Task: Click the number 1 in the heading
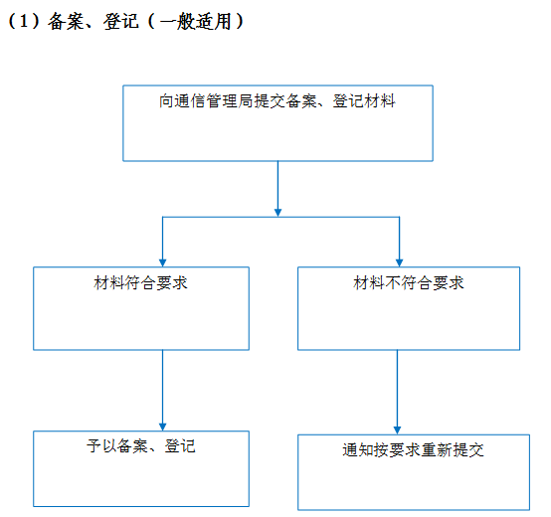pyautogui.click(x=23, y=21)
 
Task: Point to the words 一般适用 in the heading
pyautogui.click(x=195, y=21)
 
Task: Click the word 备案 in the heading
pyautogui.click(x=66, y=21)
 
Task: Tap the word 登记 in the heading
pyautogui.click(x=121, y=21)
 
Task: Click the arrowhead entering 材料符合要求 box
pyautogui.click(x=162, y=262)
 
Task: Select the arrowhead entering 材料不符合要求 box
pyautogui.click(x=399, y=262)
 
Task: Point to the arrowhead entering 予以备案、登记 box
pyautogui.click(x=162, y=427)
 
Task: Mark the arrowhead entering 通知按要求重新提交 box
pyautogui.click(x=397, y=431)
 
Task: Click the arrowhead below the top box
pyautogui.click(x=277, y=213)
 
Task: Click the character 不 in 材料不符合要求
pyautogui.click(x=393, y=282)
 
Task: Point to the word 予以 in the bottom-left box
pyautogui.click(x=101, y=446)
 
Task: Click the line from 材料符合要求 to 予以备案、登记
pyautogui.click(x=162, y=390)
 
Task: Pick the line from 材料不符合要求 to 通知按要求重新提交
pyautogui.click(x=397, y=392)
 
